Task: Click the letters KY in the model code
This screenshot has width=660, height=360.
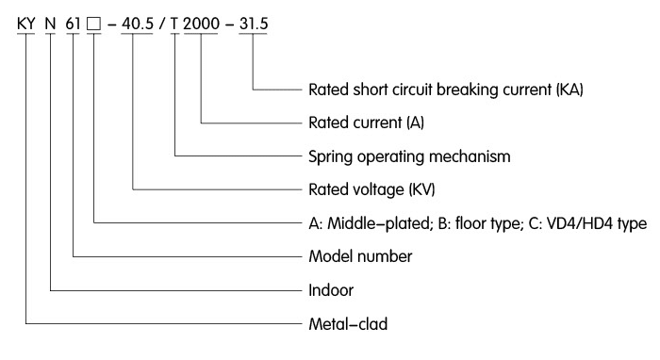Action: tap(26, 23)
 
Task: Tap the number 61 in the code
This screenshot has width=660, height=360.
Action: tap(74, 23)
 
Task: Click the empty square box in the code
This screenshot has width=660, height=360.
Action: tap(95, 24)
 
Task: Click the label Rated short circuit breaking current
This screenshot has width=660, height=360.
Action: tap(443, 90)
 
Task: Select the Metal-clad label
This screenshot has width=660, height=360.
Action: tap(348, 325)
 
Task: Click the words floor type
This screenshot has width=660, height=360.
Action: tap(485, 223)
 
